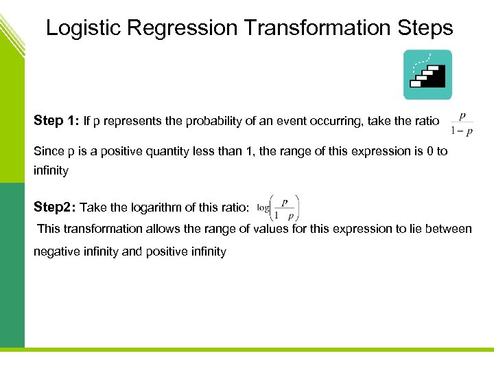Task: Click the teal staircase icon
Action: click(427, 75)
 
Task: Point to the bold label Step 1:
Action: click(57, 121)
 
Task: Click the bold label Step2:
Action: click(56, 207)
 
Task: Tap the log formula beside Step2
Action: click(278, 206)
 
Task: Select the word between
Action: click(450, 229)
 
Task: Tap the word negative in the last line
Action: click(56, 251)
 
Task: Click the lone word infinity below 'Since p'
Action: click(51, 170)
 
